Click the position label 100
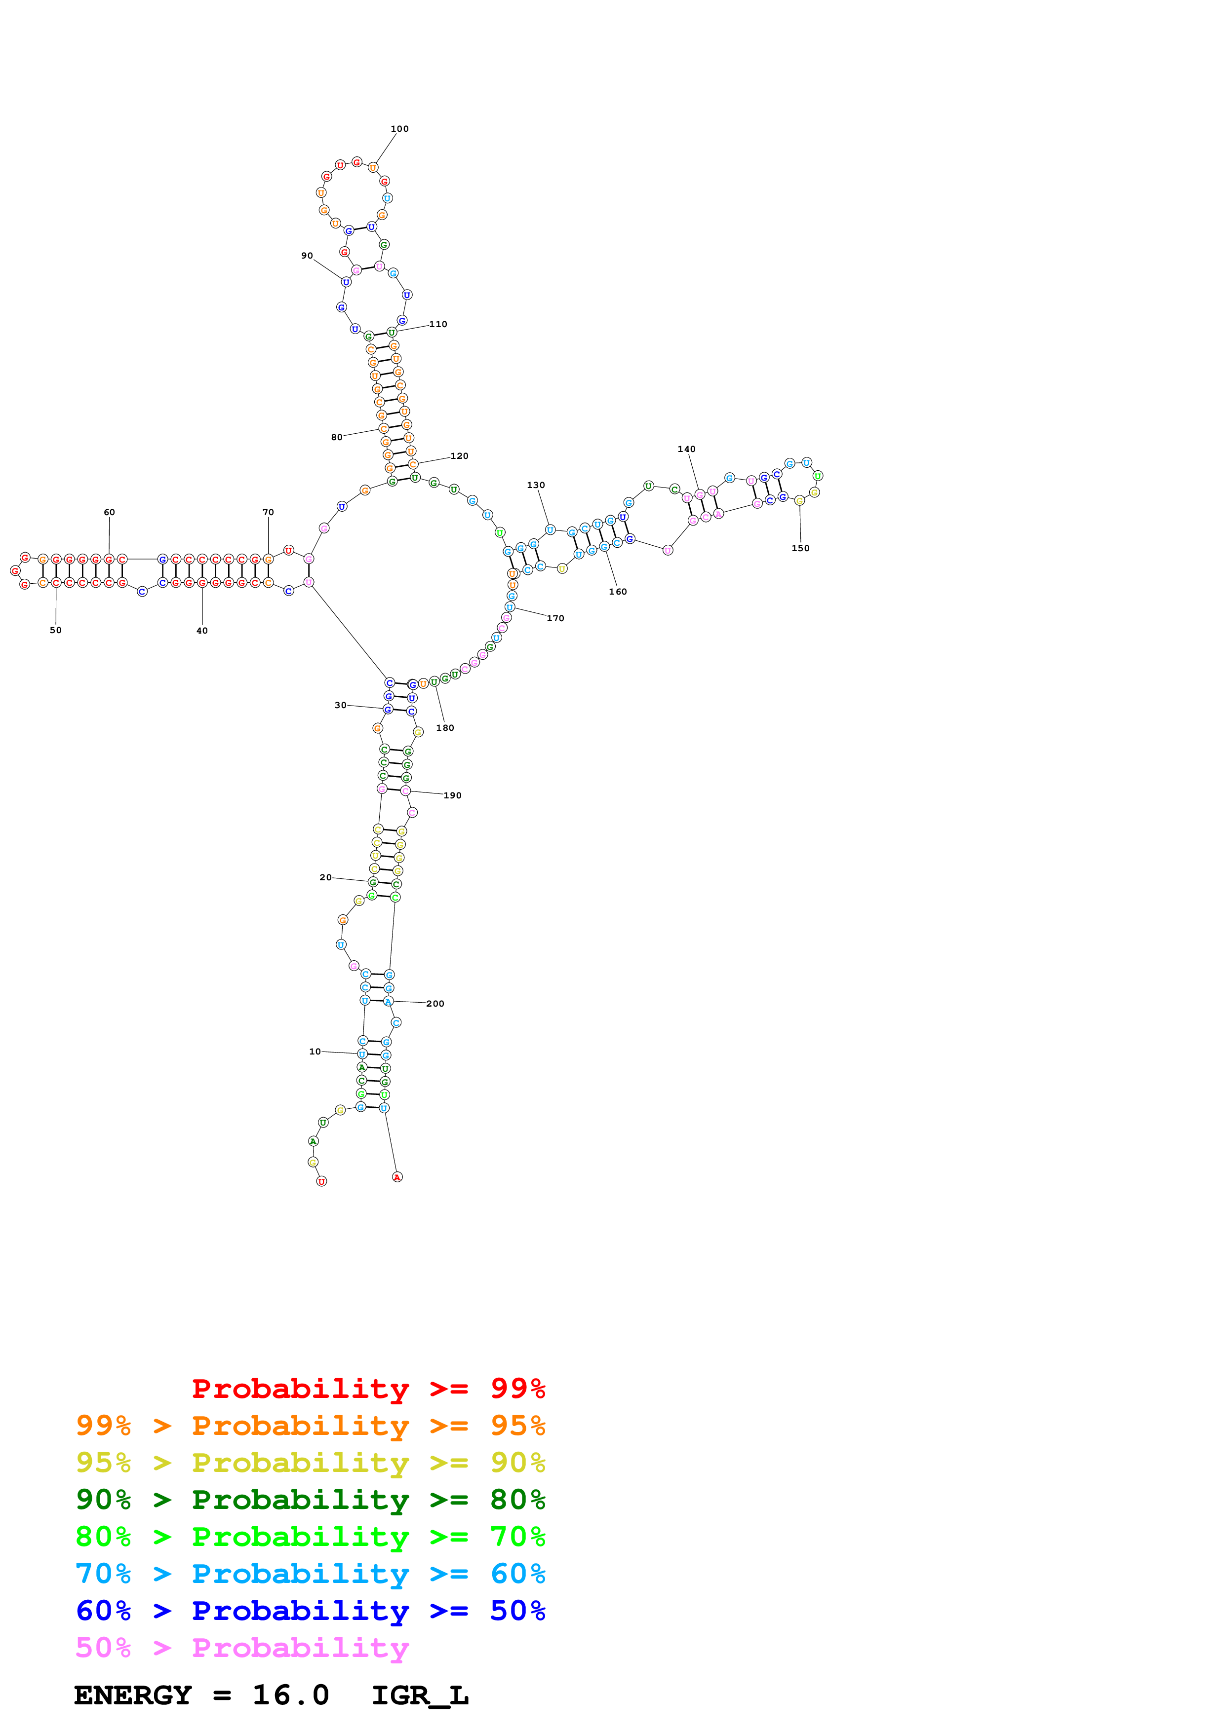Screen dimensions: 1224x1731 tap(400, 129)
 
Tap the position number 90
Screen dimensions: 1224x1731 tap(307, 256)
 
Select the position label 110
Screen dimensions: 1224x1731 tap(438, 324)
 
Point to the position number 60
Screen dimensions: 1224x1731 tap(109, 512)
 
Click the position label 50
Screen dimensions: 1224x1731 tap(56, 630)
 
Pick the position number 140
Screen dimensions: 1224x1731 tap(686, 450)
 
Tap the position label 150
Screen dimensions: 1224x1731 tap(800, 548)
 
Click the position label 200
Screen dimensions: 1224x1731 tap(435, 1004)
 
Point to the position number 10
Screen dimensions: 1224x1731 tap(315, 1051)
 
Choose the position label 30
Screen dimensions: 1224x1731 tap(340, 705)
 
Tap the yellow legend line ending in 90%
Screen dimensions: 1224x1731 tap(310, 1463)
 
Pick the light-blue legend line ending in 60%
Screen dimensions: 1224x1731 tap(310, 1574)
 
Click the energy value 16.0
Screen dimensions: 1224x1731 tap(290, 1695)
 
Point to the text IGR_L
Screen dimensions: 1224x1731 tap(420, 1695)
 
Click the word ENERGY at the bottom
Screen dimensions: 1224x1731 tap(133, 1695)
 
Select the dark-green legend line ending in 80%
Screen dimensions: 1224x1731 tap(310, 1500)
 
